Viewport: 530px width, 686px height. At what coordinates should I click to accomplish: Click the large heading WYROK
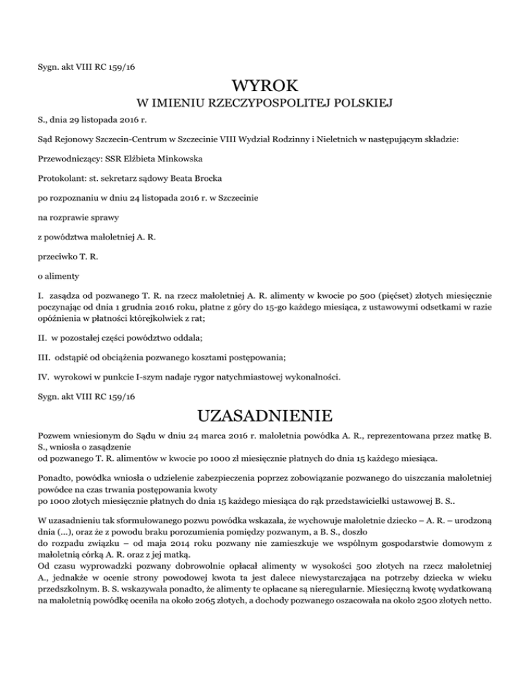coord(265,86)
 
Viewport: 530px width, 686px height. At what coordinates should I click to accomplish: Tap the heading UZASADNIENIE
coord(265,416)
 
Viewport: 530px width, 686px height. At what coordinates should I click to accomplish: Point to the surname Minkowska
coord(175,159)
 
